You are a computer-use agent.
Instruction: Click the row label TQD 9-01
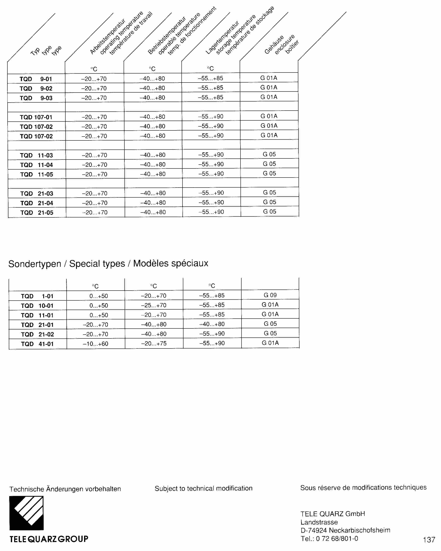click(x=36, y=79)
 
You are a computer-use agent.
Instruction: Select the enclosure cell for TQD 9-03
click(x=269, y=97)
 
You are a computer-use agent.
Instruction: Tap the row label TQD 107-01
click(x=36, y=117)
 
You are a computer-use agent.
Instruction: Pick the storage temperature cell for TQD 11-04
click(x=211, y=164)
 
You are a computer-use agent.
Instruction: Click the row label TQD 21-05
click(x=37, y=213)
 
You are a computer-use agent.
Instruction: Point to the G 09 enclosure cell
click(x=270, y=295)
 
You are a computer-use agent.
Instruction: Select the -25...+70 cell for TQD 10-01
click(x=154, y=305)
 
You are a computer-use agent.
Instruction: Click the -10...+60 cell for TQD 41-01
click(x=96, y=344)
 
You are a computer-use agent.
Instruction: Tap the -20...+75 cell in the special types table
click(x=154, y=344)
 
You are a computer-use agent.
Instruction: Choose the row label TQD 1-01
click(x=37, y=296)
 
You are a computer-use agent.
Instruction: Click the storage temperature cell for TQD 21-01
click(x=212, y=324)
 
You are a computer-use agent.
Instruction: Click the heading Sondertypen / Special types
click(x=67, y=264)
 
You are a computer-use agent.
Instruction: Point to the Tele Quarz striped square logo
click(x=26, y=513)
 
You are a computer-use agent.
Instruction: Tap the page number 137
click(x=429, y=540)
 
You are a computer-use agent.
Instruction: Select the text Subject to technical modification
click(x=203, y=488)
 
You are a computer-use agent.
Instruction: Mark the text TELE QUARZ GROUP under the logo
click(x=49, y=539)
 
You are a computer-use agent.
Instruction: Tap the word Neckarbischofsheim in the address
click(x=359, y=530)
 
